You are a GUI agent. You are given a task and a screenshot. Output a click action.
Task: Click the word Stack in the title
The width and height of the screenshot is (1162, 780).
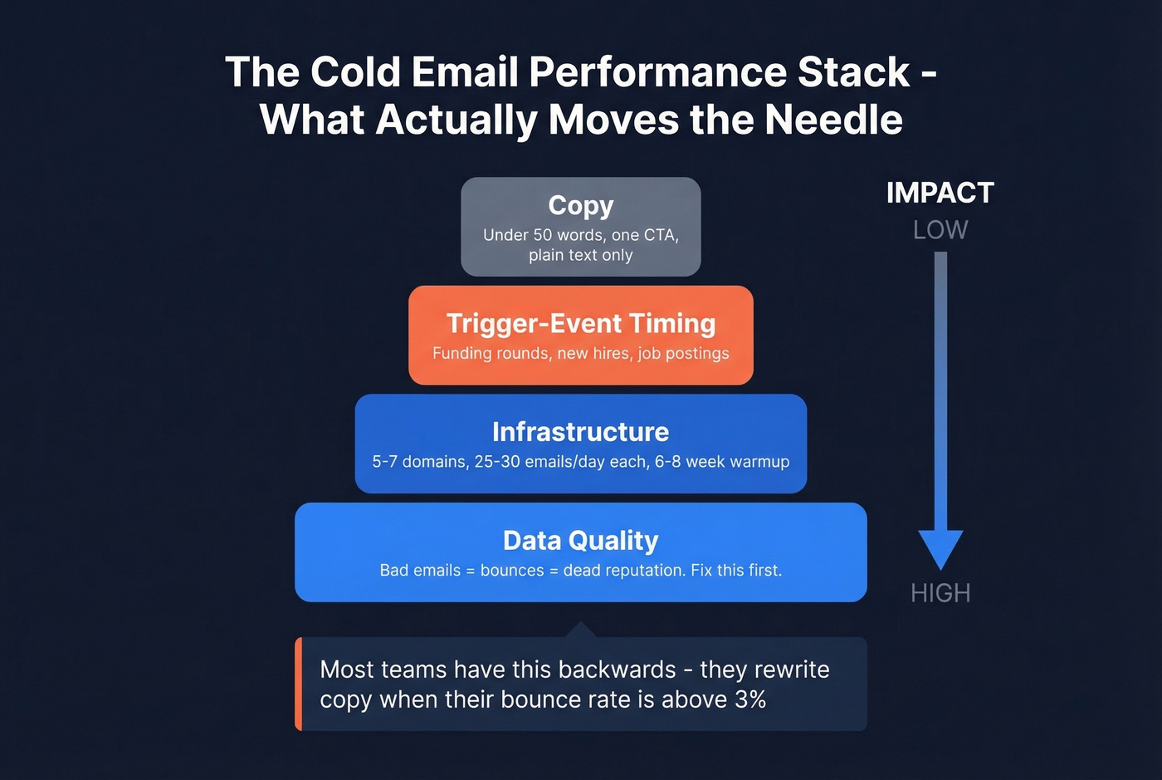pos(853,72)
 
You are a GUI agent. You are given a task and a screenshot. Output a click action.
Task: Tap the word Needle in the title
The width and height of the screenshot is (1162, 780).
pos(833,120)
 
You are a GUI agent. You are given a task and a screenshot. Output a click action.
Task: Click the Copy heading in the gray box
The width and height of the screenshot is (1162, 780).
pos(580,205)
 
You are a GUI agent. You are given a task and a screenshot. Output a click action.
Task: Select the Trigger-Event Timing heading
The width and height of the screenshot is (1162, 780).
pos(580,323)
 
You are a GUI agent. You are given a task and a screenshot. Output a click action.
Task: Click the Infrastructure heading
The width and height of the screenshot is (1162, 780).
pos(580,432)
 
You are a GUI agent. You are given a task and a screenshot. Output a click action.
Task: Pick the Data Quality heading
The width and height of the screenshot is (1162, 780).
pos(580,541)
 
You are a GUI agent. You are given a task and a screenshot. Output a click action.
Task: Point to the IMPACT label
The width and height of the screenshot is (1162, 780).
pos(940,193)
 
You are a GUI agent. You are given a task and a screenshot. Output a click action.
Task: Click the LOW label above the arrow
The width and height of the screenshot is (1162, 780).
pos(940,230)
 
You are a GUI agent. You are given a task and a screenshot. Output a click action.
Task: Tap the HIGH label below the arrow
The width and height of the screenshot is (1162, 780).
pos(940,593)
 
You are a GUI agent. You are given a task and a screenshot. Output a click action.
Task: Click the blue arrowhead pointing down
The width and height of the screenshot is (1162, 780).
pos(940,547)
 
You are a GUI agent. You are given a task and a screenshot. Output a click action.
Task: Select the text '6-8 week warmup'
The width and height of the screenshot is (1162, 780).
pos(722,462)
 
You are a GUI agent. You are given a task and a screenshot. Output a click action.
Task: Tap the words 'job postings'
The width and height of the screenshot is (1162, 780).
pos(683,354)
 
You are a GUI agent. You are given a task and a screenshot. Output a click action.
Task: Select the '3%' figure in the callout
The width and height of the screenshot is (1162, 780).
pos(750,699)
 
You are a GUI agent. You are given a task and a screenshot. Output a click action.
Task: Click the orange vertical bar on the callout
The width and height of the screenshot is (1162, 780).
pos(299,684)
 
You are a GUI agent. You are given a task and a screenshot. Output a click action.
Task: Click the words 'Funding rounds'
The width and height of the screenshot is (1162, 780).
pos(491,354)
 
